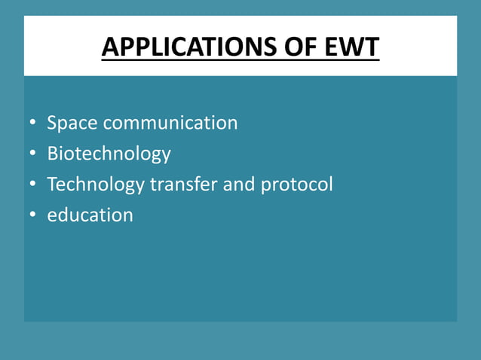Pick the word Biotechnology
coord(109,154)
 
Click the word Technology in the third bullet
coord(96,184)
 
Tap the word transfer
coord(183,184)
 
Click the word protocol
coord(296,185)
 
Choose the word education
coord(90,215)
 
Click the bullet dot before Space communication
coord(32,124)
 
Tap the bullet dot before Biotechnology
coord(32,154)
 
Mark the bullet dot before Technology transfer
coord(32,185)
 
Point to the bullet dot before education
coord(32,216)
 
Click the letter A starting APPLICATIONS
coord(109,47)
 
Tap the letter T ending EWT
coord(371,47)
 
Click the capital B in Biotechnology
coord(53,154)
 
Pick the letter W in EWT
coord(349,47)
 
